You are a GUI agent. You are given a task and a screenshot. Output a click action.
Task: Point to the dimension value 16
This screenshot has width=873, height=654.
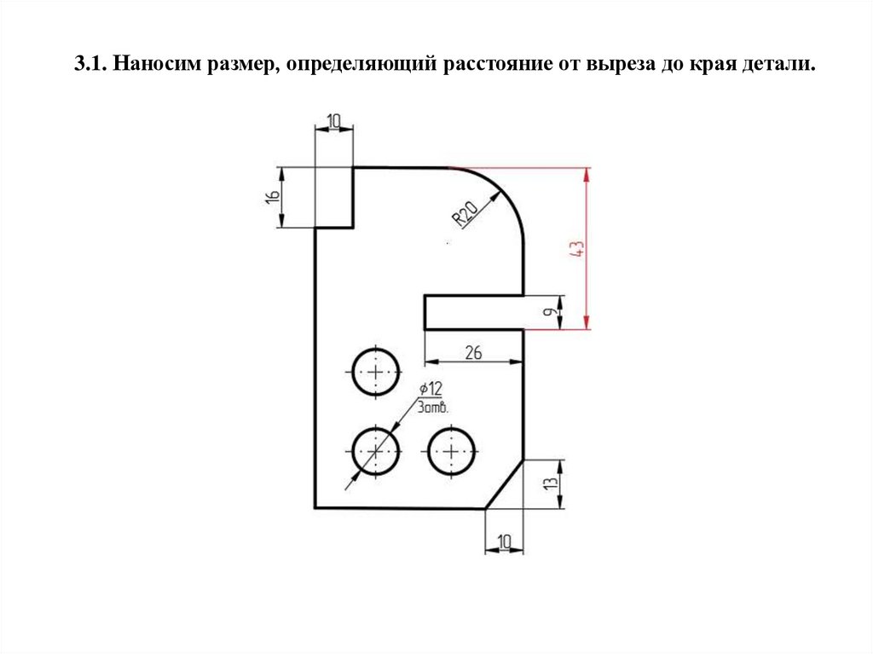click(x=272, y=196)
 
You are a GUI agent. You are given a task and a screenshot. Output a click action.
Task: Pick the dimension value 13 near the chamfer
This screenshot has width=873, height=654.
click(x=552, y=483)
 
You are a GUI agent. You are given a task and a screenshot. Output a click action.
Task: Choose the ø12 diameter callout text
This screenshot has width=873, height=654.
click(x=431, y=390)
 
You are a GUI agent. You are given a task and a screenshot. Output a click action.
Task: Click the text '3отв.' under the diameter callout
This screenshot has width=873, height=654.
click(x=434, y=407)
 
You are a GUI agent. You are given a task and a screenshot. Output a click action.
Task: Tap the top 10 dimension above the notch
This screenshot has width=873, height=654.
click(x=334, y=120)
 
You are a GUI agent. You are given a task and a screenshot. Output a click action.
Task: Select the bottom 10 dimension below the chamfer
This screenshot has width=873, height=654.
click(x=504, y=541)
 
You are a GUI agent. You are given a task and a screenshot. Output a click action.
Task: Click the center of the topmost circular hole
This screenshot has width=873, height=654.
click(x=375, y=373)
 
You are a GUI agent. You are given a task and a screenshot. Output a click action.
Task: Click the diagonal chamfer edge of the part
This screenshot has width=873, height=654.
click(x=504, y=483)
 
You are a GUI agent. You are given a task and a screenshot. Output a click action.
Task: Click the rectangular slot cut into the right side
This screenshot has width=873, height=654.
click(x=473, y=312)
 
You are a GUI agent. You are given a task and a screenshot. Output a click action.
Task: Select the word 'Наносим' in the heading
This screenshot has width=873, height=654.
click(x=153, y=65)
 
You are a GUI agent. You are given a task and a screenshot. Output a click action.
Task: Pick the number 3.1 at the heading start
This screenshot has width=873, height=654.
click(x=88, y=65)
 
